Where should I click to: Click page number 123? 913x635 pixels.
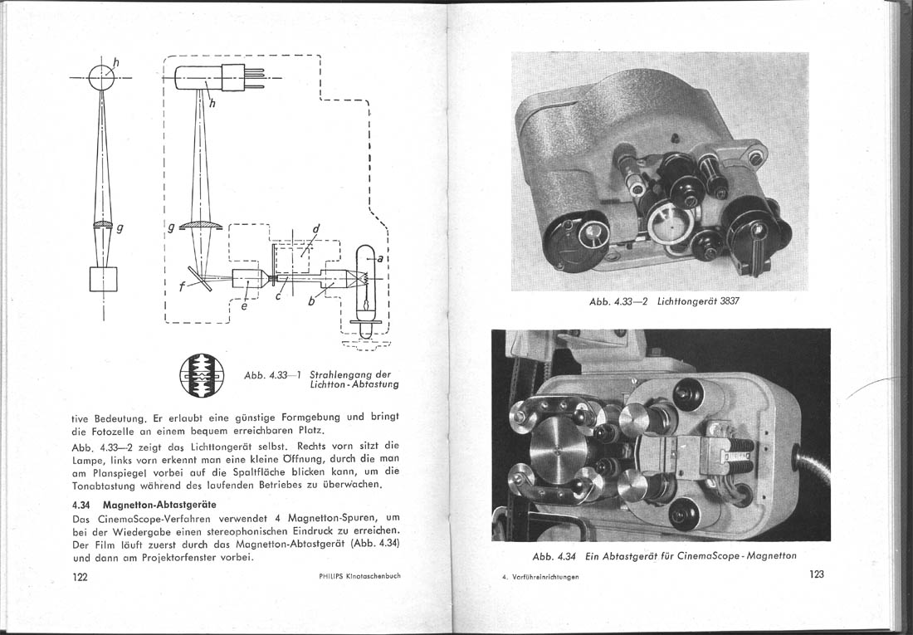click(x=816, y=574)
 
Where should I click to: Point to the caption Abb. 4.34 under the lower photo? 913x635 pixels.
click(x=664, y=555)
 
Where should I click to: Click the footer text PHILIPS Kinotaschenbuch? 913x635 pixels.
click(x=359, y=575)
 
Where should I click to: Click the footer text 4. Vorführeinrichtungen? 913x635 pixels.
click(x=539, y=577)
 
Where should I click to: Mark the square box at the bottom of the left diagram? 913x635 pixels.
click(x=104, y=279)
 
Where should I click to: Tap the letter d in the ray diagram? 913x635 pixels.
click(x=316, y=230)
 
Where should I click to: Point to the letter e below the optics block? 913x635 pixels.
click(x=242, y=306)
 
